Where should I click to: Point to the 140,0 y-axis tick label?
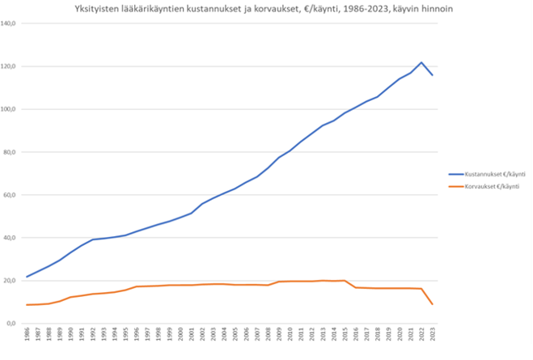click(x=11, y=23)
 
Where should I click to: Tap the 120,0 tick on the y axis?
click(x=11, y=66)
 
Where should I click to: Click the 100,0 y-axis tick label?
click(x=11, y=109)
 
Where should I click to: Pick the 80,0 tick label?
click(x=12, y=152)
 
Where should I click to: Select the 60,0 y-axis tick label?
click(x=12, y=195)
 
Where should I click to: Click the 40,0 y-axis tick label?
click(x=12, y=238)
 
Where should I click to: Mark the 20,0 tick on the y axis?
click(x=12, y=281)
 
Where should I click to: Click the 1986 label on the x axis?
click(x=27, y=337)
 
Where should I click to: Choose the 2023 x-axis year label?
click(x=434, y=337)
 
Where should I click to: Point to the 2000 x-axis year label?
click(x=180, y=337)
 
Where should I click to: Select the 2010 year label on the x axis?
click(x=290, y=337)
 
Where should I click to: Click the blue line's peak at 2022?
click(x=421, y=62)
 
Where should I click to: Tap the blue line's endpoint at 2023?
click(x=433, y=75)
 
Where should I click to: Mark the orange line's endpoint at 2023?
click(x=433, y=304)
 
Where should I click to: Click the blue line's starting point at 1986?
click(x=27, y=277)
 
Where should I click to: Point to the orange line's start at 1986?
click(x=27, y=305)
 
